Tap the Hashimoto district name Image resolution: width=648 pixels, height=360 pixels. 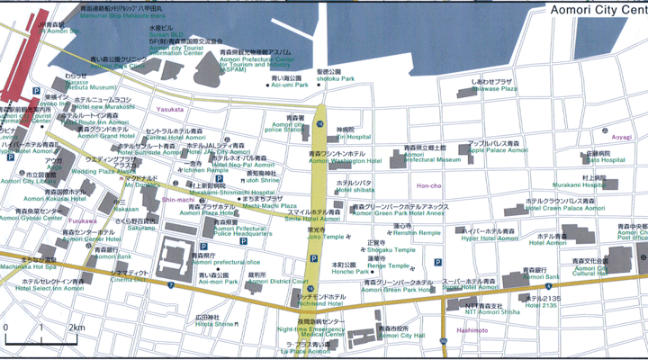(x=472, y=330)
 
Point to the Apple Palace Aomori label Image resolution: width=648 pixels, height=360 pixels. (x=495, y=150)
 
